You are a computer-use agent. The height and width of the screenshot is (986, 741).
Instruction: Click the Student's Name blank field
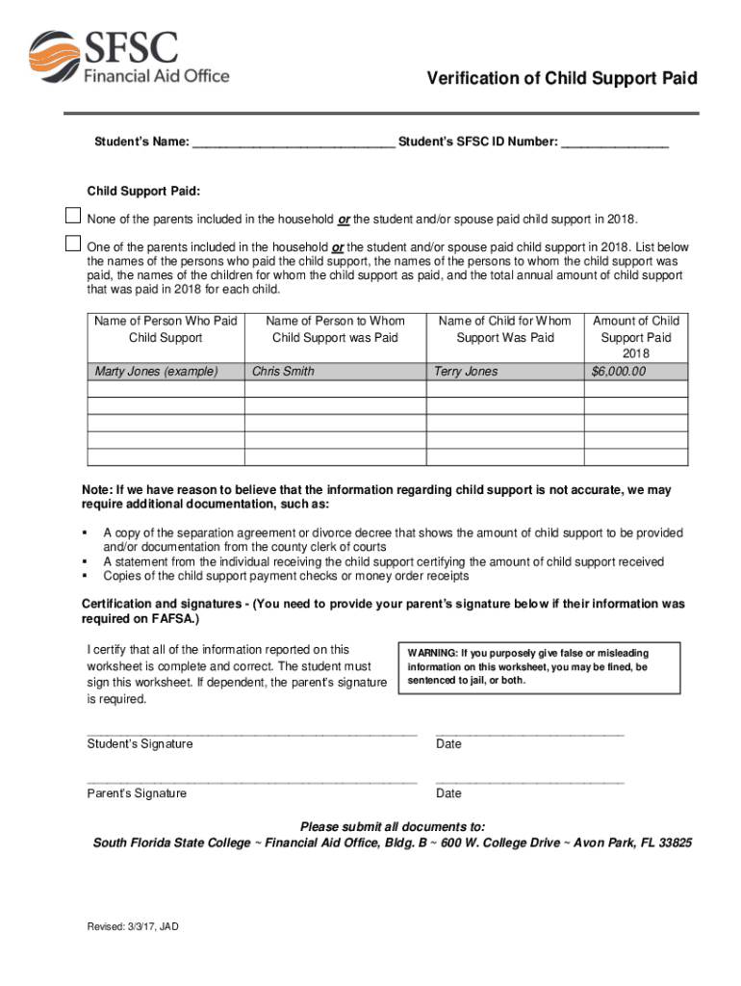(293, 142)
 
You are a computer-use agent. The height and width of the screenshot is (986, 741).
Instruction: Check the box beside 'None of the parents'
(73, 215)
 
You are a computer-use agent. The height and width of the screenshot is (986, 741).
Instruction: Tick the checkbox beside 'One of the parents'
(73, 243)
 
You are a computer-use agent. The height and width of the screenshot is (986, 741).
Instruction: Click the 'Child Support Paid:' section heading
(143, 191)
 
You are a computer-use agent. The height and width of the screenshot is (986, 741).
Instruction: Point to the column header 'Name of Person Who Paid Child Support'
(166, 329)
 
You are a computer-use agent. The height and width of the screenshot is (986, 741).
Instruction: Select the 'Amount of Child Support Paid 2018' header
(635, 337)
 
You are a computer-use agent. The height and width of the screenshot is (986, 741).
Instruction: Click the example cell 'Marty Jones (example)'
(157, 372)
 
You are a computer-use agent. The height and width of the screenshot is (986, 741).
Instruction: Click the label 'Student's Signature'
(140, 744)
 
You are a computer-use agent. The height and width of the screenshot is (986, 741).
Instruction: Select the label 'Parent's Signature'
(137, 793)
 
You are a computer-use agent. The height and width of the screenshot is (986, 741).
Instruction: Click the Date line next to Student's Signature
(529, 734)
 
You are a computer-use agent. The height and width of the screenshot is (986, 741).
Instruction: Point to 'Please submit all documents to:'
(392, 827)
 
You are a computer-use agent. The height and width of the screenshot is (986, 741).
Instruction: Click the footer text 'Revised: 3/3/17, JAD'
(133, 927)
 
